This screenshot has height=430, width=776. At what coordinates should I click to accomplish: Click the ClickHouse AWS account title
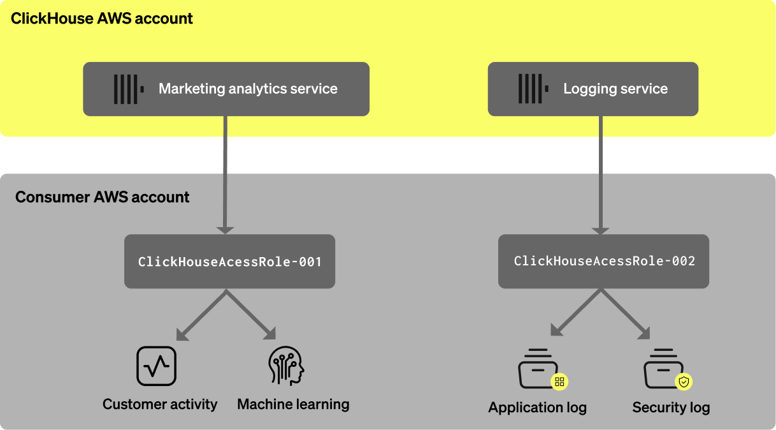[102, 19]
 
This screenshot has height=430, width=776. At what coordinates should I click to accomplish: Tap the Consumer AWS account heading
[102, 197]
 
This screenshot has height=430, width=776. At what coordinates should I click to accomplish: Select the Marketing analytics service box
[226, 89]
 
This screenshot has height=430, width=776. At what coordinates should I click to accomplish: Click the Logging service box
[593, 89]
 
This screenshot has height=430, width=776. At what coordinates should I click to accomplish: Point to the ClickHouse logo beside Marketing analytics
[128, 89]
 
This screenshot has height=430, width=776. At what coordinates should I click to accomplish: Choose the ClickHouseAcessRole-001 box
[229, 262]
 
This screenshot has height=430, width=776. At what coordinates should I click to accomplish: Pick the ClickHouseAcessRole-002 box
[603, 262]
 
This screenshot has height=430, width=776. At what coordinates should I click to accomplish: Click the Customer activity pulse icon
[157, 366]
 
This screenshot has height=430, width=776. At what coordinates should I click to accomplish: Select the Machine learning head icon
[286, 366]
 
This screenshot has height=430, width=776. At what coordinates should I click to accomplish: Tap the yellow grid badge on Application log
[559, 382]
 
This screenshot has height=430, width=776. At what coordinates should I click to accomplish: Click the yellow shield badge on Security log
[684, 382]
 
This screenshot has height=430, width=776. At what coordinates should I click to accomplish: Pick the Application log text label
[537, 408]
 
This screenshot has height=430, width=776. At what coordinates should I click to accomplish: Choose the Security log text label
[671, 408]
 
